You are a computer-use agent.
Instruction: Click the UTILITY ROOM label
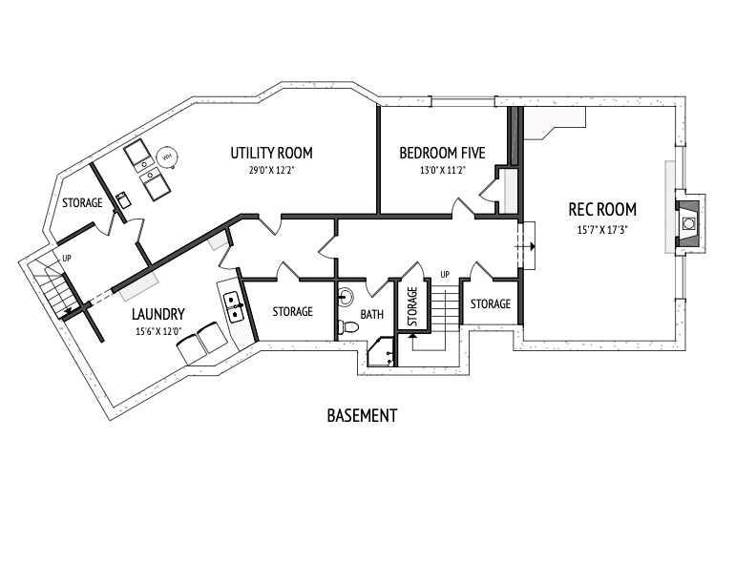pos(271,153)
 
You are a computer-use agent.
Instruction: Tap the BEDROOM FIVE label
pos(442,153)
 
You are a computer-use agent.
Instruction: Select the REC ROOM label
pos(602,210)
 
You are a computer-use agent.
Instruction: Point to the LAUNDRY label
pos(158,314)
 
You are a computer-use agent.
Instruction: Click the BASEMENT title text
pos(362,415)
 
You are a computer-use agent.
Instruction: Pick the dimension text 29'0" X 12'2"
pos(271,170)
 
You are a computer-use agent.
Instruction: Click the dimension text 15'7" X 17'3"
pos(602,230)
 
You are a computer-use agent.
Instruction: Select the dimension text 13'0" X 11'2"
pos(442,170)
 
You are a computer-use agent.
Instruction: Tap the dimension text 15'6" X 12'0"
pos(158,331)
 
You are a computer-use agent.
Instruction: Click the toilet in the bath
pos(348,327)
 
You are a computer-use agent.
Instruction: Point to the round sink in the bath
pos(346,296)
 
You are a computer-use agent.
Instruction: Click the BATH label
pos(372,315)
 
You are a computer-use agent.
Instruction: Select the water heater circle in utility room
pos(167,156)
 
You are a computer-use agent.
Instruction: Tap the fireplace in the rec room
pos(689,223)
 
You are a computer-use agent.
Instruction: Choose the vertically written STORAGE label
pos(412,306)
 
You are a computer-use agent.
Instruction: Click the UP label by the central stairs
pos(445,274)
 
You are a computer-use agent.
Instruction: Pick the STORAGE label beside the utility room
pos(82,203)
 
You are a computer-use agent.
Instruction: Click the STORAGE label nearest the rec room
pos(491,304)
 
